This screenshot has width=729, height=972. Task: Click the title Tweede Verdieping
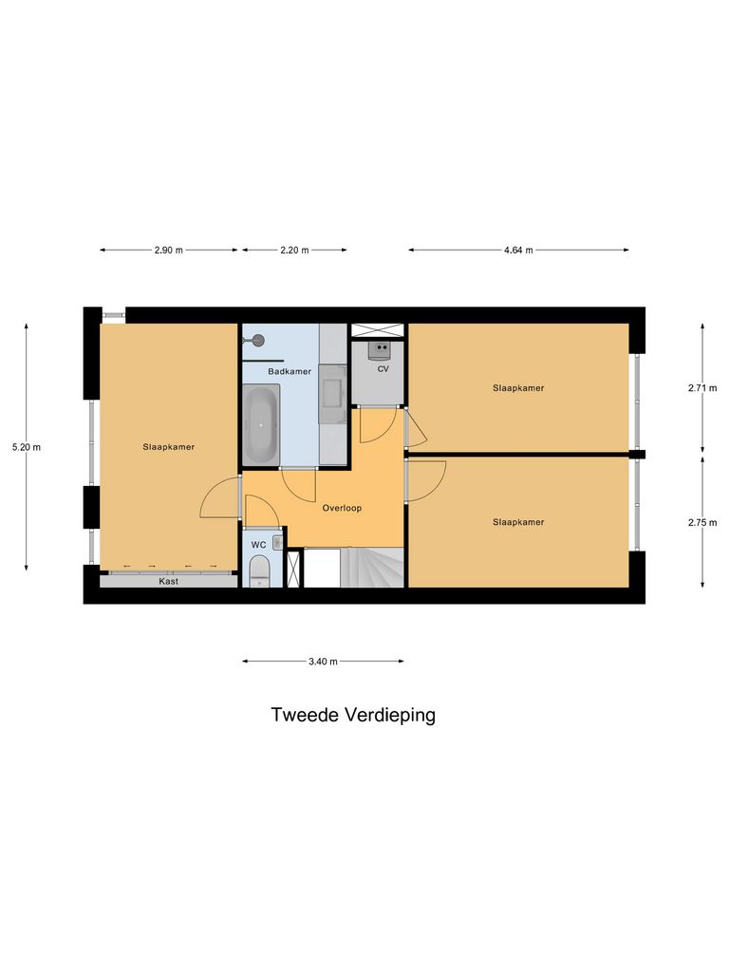point(353,716)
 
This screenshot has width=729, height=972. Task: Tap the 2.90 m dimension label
point(168,251)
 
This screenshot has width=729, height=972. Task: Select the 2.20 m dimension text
point(294,251)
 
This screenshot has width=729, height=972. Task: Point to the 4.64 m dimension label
point(518,251)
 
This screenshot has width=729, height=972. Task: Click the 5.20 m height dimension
point(27,447)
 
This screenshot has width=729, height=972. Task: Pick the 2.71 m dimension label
point(702,388)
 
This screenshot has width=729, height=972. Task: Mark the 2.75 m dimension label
point(702,522)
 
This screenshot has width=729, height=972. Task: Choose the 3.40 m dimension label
point(323,662)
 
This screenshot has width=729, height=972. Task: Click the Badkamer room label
point(290,371)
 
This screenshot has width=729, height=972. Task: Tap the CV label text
point(383,368)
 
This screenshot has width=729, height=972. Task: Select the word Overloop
point(342,508)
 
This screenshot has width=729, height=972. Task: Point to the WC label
point(258,545)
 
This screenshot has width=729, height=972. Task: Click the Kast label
point(169,581)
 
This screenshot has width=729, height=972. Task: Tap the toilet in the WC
point(258,571)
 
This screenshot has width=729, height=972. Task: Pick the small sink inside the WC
point(276,542)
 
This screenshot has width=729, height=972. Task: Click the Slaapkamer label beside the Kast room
point(169,447)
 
